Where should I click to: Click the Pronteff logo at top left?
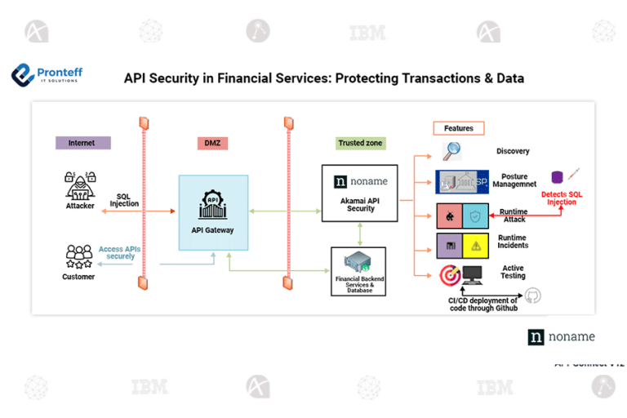tap(47, 76)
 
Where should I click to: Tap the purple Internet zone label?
tap(82, 143)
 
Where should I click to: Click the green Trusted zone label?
tap(361, 143)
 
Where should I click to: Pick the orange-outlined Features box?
tap(458, 128)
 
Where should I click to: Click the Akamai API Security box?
tap(360, 193)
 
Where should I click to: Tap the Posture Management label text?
tap(514, 180)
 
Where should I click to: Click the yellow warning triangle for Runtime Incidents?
tap(475, 245)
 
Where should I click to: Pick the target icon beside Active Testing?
tap(449, 275)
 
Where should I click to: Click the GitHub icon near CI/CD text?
tap(534, 296)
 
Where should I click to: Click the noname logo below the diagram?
tap(561, 337)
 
